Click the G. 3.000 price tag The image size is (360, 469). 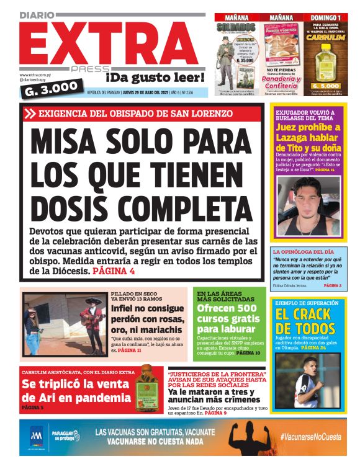[52, 89]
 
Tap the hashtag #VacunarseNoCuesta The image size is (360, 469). [310, 437]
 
